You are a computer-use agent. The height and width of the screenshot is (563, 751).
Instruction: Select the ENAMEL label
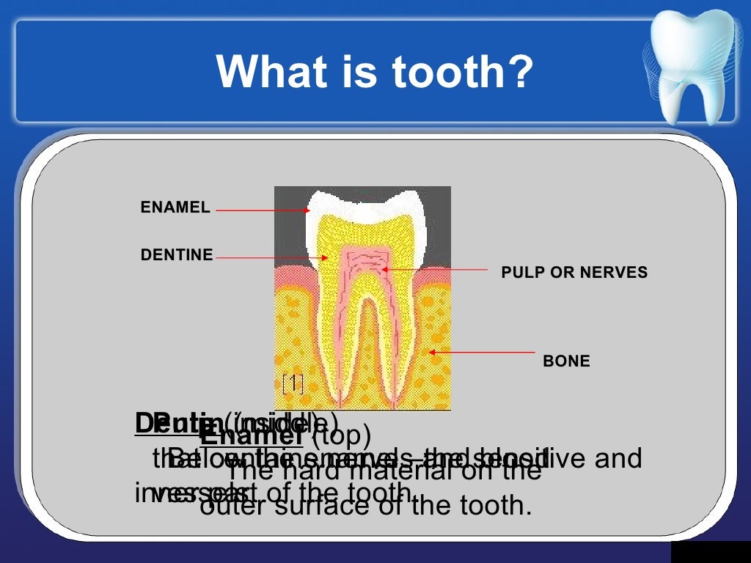tap(175, 208)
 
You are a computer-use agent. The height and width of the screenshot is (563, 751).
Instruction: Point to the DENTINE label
tap(177, 255)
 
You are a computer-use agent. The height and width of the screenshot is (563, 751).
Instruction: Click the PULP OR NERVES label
tap(574, 273)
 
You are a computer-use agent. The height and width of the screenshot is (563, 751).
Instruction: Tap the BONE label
tap(566, 361)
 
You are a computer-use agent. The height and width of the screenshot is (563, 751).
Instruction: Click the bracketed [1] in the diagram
tap(293, 383)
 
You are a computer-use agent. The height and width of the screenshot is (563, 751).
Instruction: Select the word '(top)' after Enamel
tap(341, 437)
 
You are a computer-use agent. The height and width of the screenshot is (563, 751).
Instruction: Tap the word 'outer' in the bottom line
tap(234, 505)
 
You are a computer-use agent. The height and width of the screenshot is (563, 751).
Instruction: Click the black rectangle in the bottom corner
tap(710, 553)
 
